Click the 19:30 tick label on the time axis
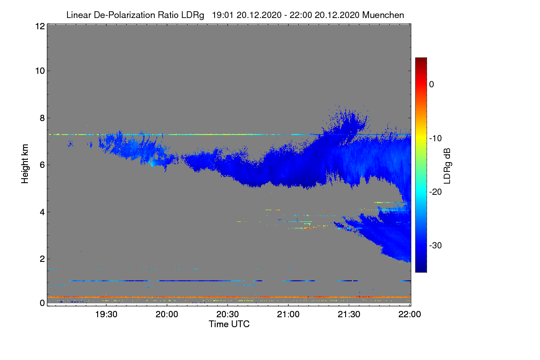[106, 315]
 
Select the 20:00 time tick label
[167, 315]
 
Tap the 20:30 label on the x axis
[227, 315]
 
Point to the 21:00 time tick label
[288, 315]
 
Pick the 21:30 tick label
[349, 315]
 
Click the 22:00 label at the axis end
[409, 315]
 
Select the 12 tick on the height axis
[40, 26]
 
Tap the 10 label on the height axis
[40, 71]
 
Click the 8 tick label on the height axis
[42, 118]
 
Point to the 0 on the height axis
[42, 303]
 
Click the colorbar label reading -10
[436, 139]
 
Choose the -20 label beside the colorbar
[436, 192]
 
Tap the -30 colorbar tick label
[436, 246]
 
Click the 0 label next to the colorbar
[432, 85]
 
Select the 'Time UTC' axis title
[229, 324]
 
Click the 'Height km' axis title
[25, 164]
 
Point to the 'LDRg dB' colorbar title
[447, 166]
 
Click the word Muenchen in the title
[383, 15]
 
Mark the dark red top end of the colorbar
[421, 59]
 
